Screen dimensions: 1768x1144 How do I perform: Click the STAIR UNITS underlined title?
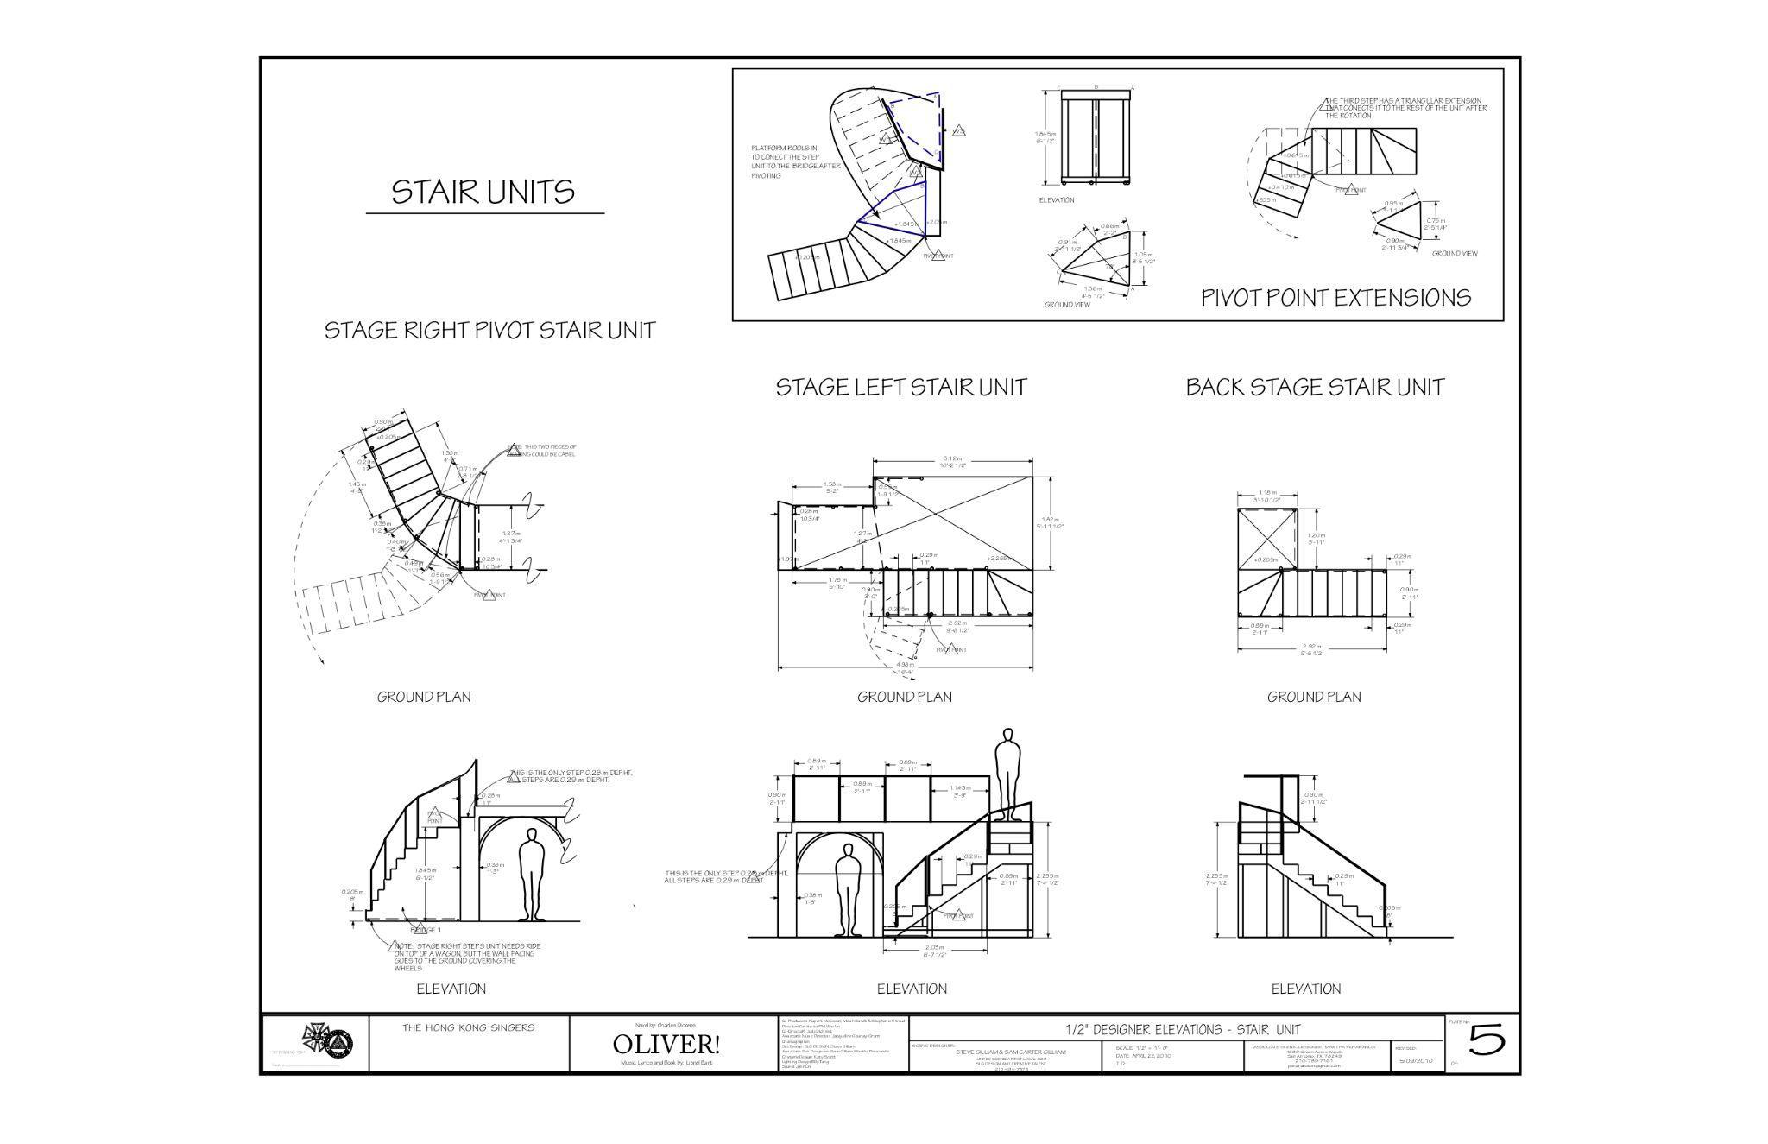point(483,192)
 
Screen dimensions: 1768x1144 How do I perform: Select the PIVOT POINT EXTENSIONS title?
point(1335,298)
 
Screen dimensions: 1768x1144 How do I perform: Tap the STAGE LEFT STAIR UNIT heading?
point(901,387)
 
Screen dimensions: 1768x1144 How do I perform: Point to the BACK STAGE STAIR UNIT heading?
point(1314,387)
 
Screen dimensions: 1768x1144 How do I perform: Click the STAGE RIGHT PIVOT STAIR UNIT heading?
point(489,331)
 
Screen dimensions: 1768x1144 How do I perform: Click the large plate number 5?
point(1487,1041)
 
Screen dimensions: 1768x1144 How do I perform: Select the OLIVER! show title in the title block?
point(666,1045)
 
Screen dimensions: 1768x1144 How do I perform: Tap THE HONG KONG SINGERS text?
point(468,1027)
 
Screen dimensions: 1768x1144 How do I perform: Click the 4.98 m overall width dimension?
point(905,663)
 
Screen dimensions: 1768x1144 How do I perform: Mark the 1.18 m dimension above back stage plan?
point(1266,493)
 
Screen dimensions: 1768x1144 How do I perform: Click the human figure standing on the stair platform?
point(1006,773)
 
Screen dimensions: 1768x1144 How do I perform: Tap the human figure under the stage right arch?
point(532,874)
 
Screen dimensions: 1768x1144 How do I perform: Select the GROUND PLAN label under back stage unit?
point(1313,697)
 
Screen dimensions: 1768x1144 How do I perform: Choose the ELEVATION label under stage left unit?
point(912,989)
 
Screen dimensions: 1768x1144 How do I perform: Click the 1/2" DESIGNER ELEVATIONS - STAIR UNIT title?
point(1182,1029)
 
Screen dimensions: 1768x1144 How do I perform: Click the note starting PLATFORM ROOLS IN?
point(794,161)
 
